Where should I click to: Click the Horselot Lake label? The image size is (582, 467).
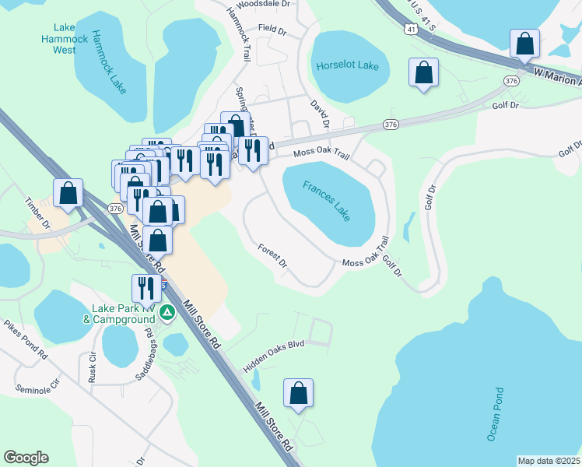click(347, 65)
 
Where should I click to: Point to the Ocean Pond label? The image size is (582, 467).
click(496, 414)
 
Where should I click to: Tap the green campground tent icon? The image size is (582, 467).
click(167, 313)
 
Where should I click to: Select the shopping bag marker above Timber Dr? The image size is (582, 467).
click(68, 192)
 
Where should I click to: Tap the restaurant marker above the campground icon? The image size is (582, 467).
click(146, 288)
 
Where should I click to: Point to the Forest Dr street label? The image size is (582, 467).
click(273, 257)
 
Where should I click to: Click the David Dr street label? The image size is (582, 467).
click(321, 114)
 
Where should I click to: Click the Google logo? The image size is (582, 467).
click(26, 458)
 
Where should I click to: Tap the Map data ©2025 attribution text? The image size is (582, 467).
click(549, 461)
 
